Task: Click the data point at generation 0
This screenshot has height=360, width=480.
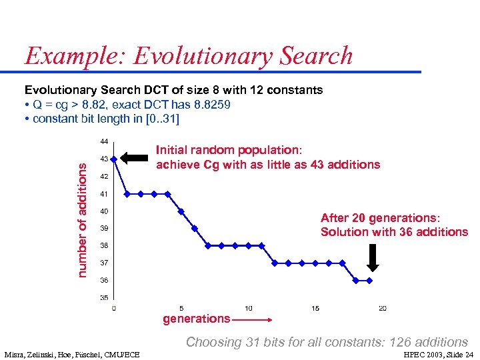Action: [x=114, y=159]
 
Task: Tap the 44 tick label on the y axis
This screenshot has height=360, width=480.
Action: [x=104, y=141]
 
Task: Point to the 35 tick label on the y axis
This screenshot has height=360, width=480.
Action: [x=104, y=297]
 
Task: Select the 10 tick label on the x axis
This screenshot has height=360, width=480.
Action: [x=248, y=308]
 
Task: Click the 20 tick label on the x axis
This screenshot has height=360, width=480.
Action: [x=383, y=308]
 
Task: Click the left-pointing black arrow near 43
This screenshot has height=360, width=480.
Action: [x=136, y=158]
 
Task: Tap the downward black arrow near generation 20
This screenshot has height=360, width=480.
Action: [x=373, y=257]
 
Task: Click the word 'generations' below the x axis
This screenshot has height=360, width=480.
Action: [x=196, y=319]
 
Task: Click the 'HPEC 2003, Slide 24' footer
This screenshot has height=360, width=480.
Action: [x=438, y=354]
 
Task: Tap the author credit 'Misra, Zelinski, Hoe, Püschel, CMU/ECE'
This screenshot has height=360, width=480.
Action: [x=72, y=354]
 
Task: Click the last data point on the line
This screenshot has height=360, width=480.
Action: [x=369, y=280]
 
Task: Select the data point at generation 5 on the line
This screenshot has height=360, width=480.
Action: [x=181, y=211]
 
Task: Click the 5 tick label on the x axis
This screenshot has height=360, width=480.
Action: [x=181, y=308]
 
